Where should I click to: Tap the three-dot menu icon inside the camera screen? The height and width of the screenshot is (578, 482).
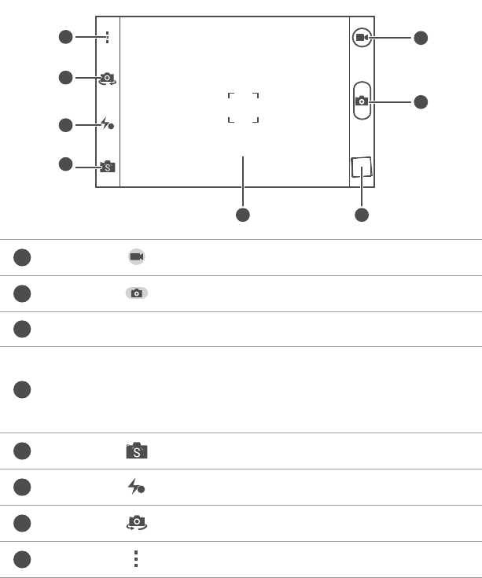coord(107,36)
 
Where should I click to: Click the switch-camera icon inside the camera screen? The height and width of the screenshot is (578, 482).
coord(107,78)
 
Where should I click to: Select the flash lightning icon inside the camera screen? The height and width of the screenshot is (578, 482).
coord(108,124)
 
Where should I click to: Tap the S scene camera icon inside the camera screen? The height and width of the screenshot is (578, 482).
coord(107,166)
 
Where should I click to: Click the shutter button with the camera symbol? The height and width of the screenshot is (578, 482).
coord(361,100)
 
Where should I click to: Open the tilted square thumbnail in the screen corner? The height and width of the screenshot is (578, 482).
coord(361,168)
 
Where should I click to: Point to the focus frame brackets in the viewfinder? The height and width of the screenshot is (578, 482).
coord(243,107)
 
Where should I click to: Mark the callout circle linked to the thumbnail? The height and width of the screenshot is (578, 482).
coord(361,214)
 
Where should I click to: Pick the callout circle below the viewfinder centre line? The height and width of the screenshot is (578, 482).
coord(243,214)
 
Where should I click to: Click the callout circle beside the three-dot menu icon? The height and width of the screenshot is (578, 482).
coord(65,36)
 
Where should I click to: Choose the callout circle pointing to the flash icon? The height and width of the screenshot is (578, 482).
coord(65,124)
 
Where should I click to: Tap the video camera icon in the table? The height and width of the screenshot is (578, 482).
coord(136,257)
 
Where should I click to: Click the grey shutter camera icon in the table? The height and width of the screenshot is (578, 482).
coord(136,293)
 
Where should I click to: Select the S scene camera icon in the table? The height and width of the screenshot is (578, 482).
coord(136,451)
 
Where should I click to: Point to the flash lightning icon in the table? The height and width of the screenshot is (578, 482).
coord(136,488)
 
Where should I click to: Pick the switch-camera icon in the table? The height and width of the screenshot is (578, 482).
coord(136,523)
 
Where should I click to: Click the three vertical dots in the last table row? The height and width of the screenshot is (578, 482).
coord(136,559)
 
